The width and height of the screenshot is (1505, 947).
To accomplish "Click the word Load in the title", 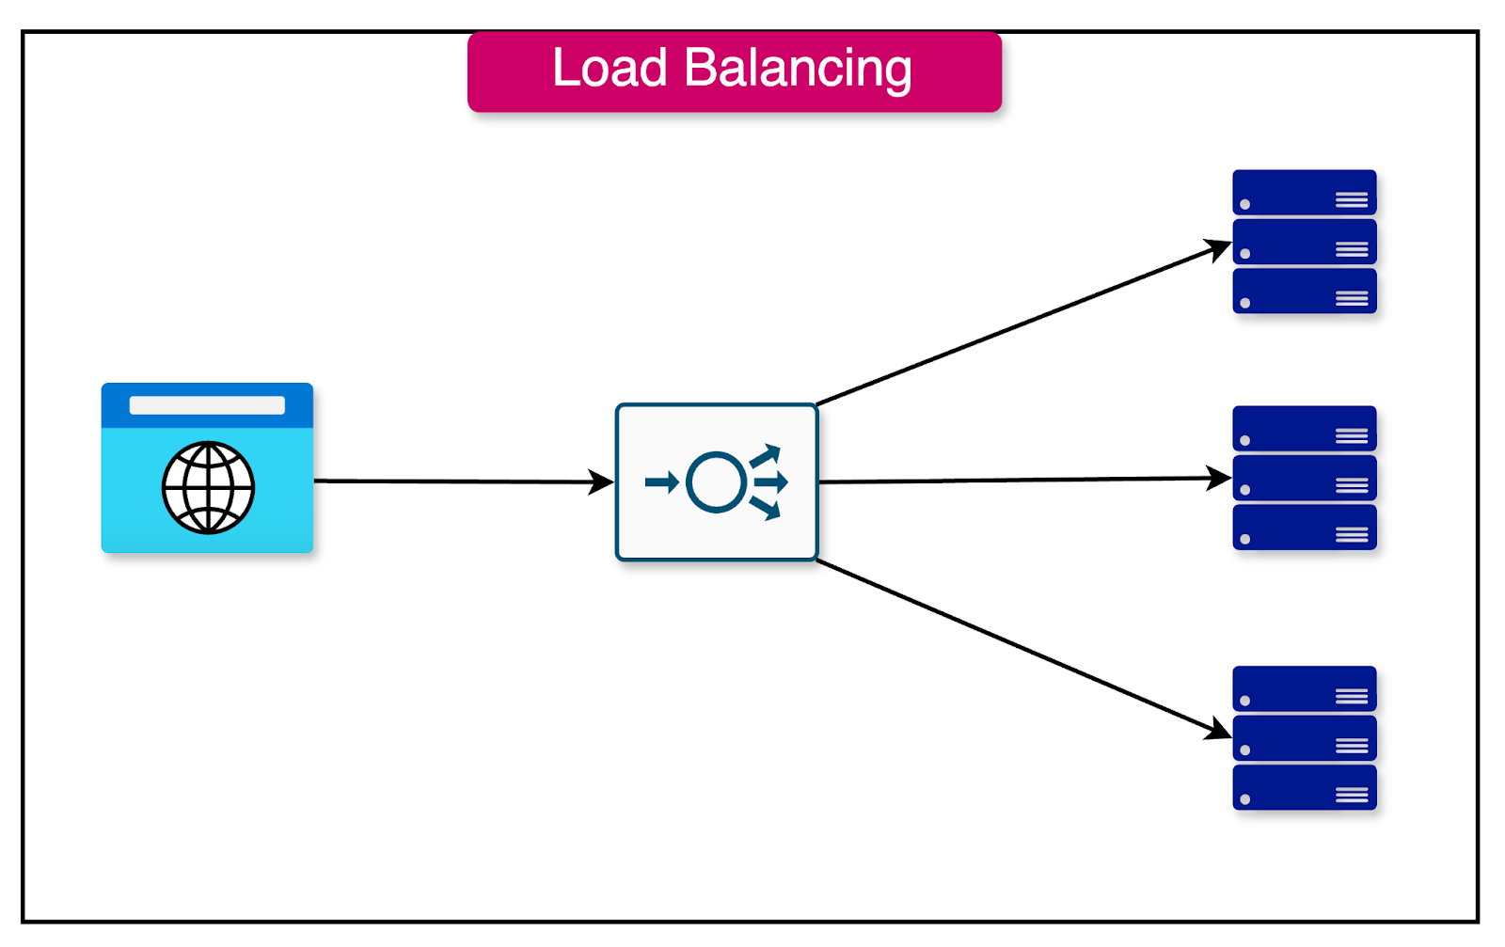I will point(610,69).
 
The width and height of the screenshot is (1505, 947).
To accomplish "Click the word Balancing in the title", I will point(798,69).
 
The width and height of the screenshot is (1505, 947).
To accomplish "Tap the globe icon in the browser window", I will point(208,487).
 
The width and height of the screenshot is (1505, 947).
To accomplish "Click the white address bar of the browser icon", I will point(207,405).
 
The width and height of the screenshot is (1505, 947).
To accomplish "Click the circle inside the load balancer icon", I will point(717,482).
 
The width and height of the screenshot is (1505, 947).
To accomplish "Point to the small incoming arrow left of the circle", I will point(661,482).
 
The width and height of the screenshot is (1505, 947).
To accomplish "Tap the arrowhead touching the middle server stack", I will point(1220,479).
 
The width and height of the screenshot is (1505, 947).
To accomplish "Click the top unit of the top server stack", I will point(1304,192).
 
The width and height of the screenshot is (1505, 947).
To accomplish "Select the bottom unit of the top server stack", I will point(1304,291).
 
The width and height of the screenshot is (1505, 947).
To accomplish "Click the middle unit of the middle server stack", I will point(1304,478).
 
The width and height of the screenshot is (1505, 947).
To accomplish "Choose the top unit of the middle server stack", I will point(1304,428).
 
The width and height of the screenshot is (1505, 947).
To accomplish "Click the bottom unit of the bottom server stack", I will point(1304,787).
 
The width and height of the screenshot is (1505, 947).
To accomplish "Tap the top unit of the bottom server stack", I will point(1304,688).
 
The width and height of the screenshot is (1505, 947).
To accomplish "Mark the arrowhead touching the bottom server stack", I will point(1220,730).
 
